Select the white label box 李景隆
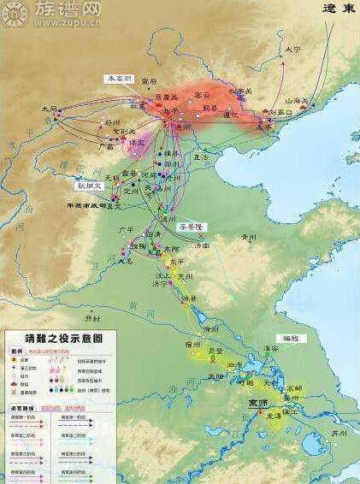click(192, 227)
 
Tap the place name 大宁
click(293, 50)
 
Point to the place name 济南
click(202, 245)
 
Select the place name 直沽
click(200, 157)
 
